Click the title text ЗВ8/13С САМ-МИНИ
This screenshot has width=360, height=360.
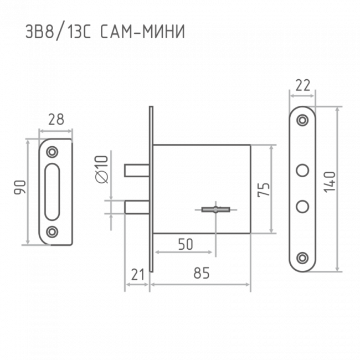(105, 32)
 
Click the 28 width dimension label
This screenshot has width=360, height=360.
(56, 120)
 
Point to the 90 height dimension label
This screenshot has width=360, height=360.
(20, 188)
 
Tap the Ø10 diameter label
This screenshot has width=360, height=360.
(102, 169)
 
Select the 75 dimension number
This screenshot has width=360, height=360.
(263, 189)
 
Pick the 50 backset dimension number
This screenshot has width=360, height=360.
(186, 244)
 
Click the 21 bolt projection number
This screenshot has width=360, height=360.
(138, 274)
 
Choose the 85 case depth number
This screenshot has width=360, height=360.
(202, 273)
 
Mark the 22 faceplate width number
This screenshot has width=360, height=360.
(303, 85)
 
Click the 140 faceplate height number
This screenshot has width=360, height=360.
(330, 182)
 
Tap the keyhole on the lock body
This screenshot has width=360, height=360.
(215, 209)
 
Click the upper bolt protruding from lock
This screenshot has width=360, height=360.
(137, 171)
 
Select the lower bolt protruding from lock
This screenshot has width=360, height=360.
(137, 207)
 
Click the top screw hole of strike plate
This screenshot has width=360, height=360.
(52, 152)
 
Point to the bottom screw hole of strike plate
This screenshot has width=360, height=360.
(52, 232)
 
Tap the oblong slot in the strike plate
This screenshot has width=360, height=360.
(52, 192)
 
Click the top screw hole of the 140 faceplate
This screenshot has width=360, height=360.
(302, 120)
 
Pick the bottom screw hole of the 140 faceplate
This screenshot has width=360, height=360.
(302, 258)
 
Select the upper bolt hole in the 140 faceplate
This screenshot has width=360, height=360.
(302, 171)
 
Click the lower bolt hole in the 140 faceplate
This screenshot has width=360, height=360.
(302, 207)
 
